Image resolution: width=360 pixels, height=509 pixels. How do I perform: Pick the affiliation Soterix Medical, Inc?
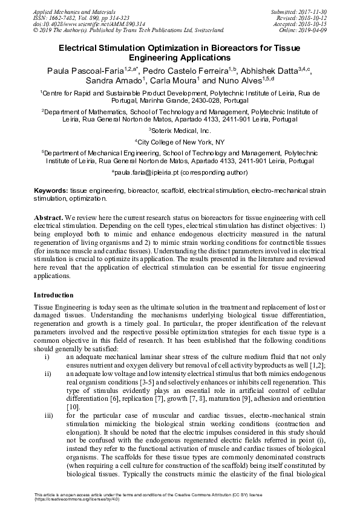pos(180,130)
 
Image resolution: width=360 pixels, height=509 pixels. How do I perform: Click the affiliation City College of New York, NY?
pos(180,141)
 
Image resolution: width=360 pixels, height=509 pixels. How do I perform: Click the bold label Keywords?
pos(51,190)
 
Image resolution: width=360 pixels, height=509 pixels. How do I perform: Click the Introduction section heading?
pos(53,295)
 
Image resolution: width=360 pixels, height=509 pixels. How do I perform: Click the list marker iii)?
pos(48,416)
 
